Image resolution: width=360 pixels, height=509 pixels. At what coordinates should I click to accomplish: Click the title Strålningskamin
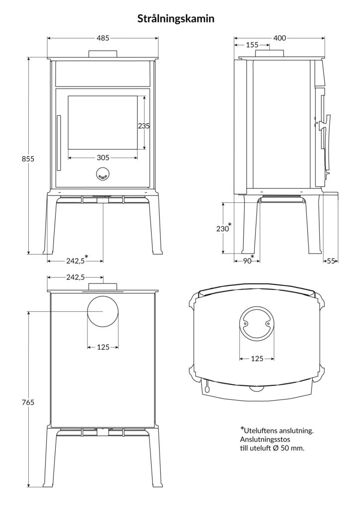(176, 18)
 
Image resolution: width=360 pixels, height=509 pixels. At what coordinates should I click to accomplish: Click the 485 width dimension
(103, 38)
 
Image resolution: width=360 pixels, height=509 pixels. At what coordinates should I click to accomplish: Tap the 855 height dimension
(28, 159)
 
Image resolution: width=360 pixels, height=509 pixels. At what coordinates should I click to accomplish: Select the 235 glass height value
(144, 126)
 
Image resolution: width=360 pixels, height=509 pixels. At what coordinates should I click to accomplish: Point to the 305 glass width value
(103, 158)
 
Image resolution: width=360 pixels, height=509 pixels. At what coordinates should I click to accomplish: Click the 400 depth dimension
(279, 38)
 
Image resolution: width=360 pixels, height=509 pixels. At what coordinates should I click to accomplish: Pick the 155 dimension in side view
(252, 45)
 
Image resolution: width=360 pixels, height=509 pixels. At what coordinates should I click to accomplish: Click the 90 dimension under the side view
(247, 260)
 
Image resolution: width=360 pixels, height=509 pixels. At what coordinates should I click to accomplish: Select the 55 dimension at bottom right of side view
(331, 260)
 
